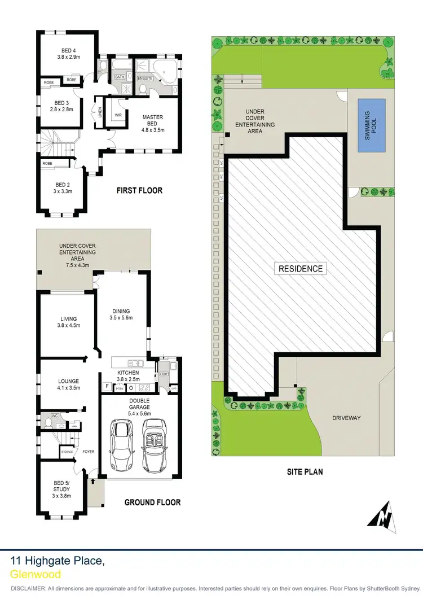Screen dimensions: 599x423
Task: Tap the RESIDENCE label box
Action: click(x=301, y=269)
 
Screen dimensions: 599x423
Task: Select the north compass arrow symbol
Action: click(x=382, y=516)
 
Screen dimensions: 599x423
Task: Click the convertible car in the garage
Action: click(x=154, y=446)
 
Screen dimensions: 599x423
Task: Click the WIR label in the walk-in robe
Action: click(x=118, y=115)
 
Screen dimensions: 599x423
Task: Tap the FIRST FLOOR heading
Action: click(x=139, y=191)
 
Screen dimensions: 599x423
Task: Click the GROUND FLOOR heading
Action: click(x=152, y=502)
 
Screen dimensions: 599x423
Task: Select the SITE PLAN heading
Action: click(x=304, y=471)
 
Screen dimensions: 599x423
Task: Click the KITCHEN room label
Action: click(x=128, y=373)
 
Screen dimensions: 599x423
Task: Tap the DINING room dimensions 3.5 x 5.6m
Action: click(x=121, y=318)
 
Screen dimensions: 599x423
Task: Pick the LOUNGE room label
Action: click(x=69, y=382)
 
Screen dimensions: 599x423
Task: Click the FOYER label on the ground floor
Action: click(x=89, y=452)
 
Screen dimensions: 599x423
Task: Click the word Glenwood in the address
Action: click(x=35, y=574)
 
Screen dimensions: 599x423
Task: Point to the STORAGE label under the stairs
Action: click(x=67, y=452)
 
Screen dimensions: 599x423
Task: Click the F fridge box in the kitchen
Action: click(x=107, y=387)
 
